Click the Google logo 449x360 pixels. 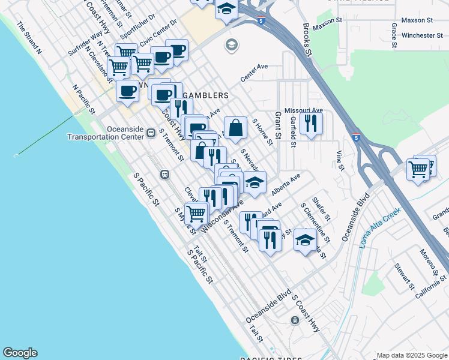20,353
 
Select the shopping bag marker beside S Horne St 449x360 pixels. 236,128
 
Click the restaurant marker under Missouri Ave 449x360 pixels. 311,123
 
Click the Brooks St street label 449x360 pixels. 308,40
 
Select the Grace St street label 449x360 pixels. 394,35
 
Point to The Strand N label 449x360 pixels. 29,38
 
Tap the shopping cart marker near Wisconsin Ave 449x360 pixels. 196,212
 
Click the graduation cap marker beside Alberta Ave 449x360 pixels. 255,182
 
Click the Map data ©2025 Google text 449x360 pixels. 411,355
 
